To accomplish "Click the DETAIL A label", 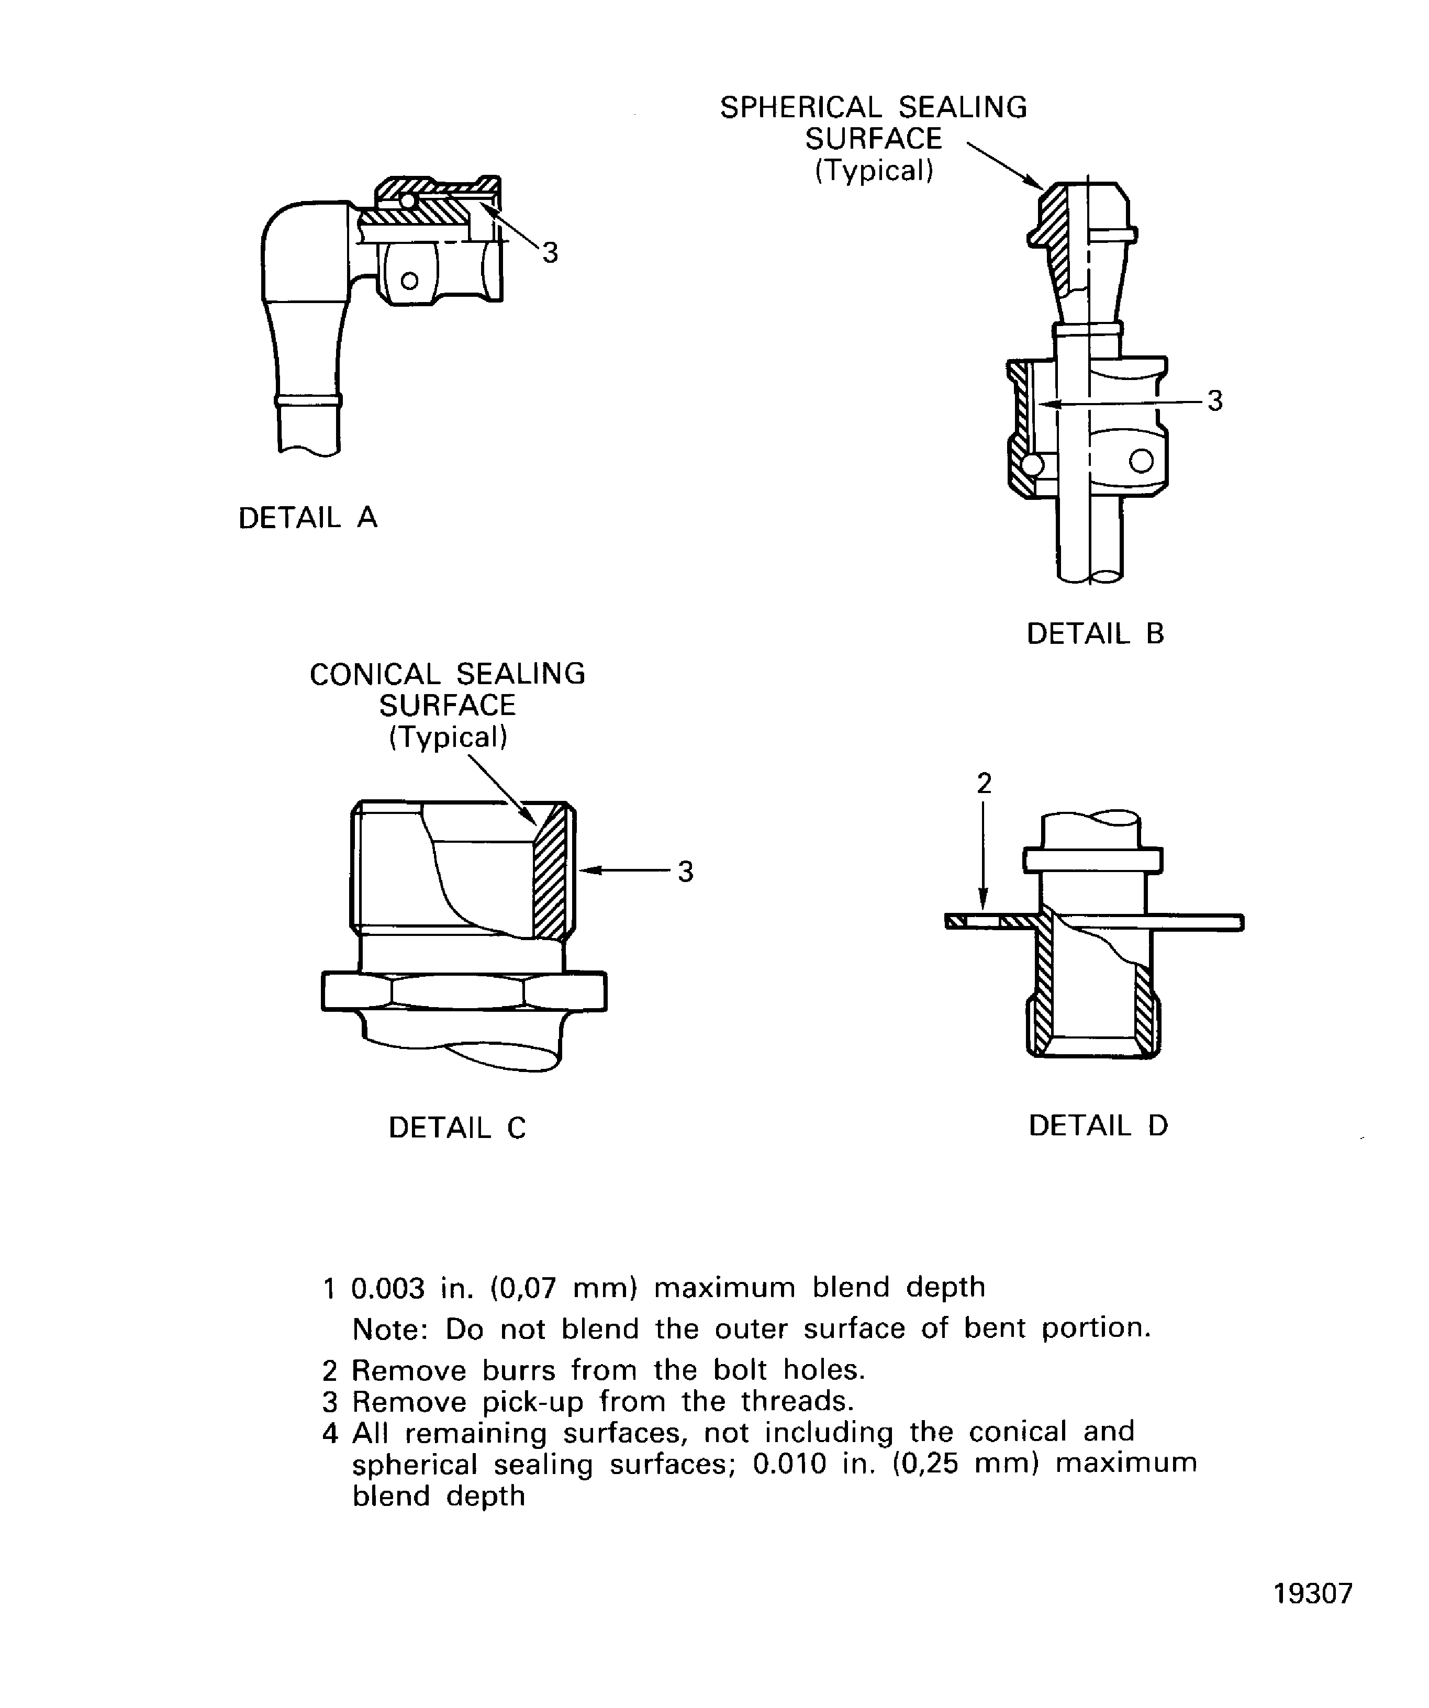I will [307, 518].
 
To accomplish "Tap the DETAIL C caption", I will [457, 1127].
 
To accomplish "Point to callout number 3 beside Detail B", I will [1214, 401].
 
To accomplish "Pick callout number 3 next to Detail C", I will [686, 872].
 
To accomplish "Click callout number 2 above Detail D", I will [984, 783].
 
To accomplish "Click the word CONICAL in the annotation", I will [375, 674].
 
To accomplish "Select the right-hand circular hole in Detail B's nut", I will [1141, 461].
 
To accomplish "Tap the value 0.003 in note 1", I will [388, 1288].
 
